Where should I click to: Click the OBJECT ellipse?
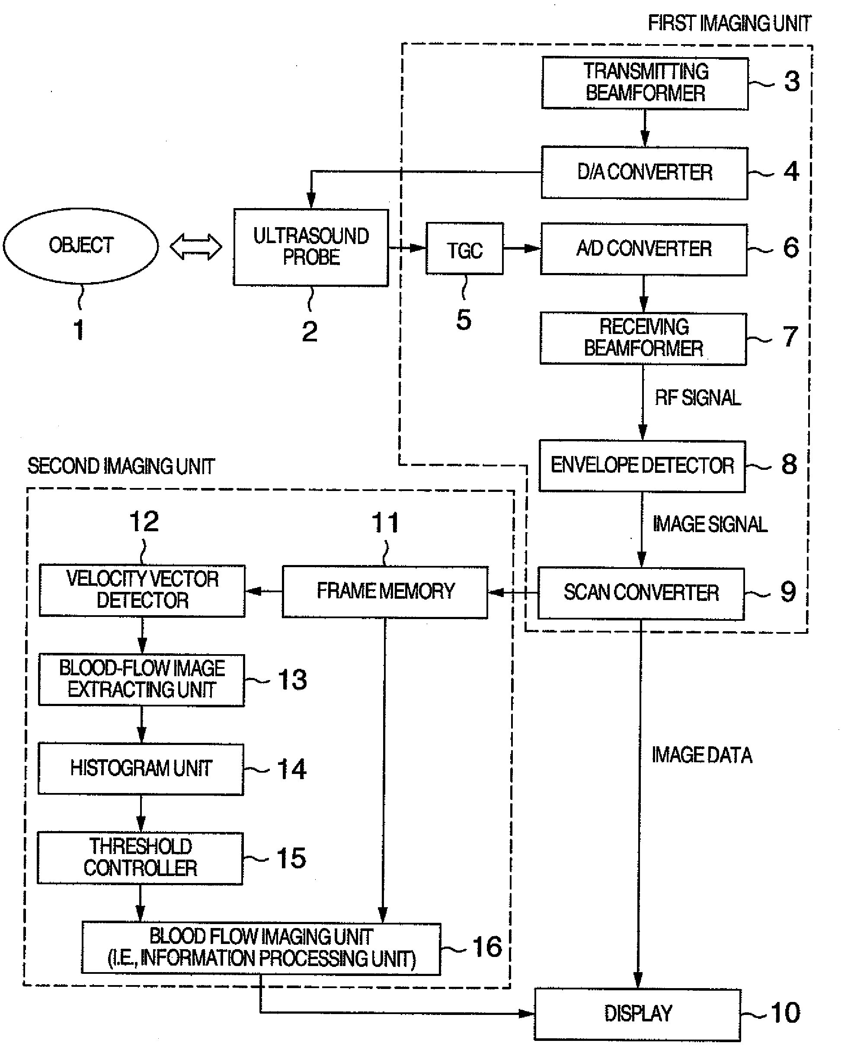pyautogui.click(x=81, y=246)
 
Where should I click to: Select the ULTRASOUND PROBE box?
pyautogui.click(x=311, y=247)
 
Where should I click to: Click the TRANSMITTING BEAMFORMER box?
pyautogui.click(x=645, y=83)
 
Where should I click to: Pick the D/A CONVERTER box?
pyautogui.click(x=644, y=173)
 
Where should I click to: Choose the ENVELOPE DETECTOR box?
pyautogui.click(x=642, y=466)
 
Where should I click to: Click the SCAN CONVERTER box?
pyautogui.click(x=641, y=593)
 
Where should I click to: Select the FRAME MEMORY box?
pyautogui.click(x=385, y=591)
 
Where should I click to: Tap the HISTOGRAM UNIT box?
pyautogui.click(x=141, y=769)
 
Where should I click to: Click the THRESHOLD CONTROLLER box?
pyautogui.click(x=140, y=858)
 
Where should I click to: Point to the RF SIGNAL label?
pyautogui.click(x=697, y=398)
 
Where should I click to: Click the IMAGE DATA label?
pyautogui.click(x=701, y=755)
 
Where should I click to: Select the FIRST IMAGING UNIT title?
pyautogui.click(x=729, y=23)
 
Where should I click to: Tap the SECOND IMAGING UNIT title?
pyautogui.click(x=121, y=466)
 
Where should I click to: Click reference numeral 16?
pyautogui.click(x=487, y=947)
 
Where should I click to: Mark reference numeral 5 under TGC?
pyautogui.click(x=464, y=320)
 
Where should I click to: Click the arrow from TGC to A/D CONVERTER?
pyautogui.click(x=522, y=248)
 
